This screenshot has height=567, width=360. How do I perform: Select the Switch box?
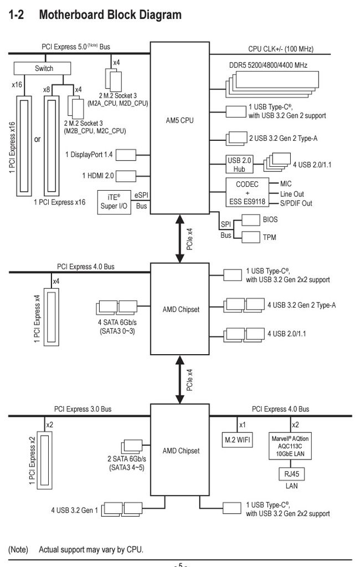[44, 68]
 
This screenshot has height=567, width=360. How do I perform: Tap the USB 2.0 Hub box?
[239, 165]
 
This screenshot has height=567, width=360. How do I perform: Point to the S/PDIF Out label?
[296, 203]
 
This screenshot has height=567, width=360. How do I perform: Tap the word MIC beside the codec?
[287, 182]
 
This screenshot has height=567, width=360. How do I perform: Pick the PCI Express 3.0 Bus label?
[83, 409]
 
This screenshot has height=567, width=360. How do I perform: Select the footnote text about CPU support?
[91, 550]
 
